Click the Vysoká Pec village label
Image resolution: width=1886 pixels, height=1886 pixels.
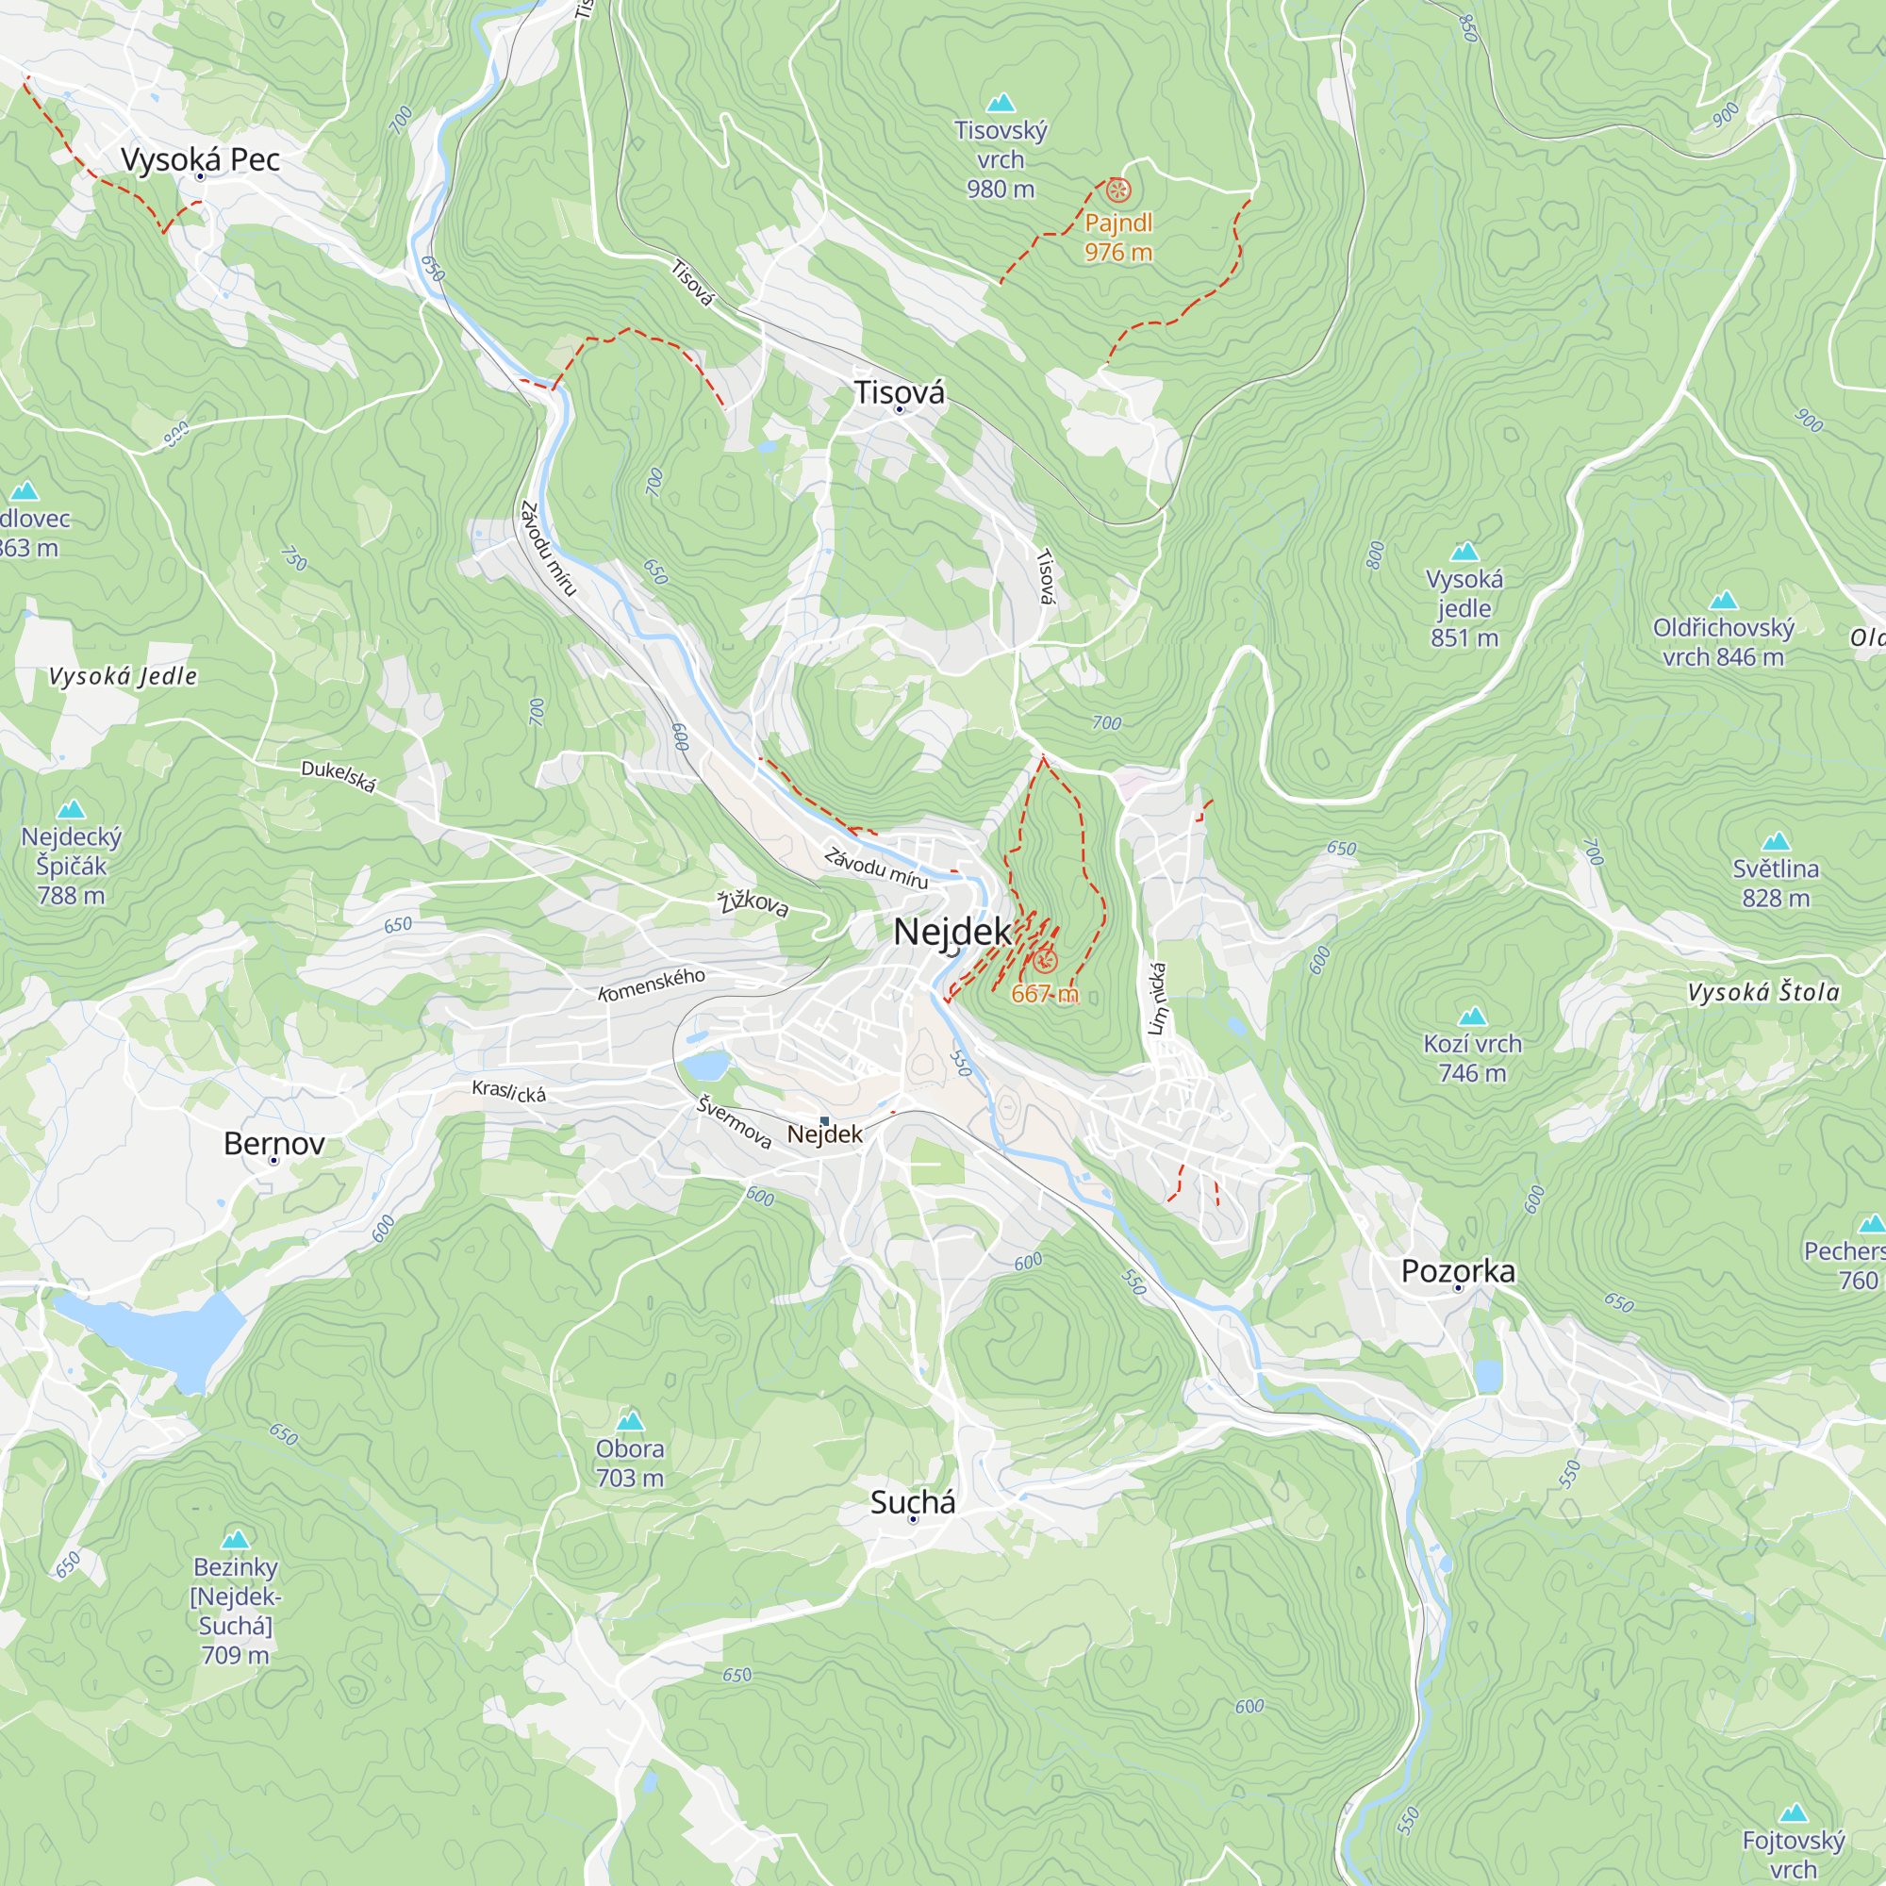[200, 159]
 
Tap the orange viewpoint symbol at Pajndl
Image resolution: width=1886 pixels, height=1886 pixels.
[1118, 190]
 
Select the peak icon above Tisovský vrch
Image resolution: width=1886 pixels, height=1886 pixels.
[1001, 103]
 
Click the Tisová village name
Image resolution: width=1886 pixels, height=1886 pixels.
[899, 392]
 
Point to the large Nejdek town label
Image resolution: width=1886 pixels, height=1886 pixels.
[952, 932]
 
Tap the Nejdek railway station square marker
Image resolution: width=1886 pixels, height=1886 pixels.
[825, 1120]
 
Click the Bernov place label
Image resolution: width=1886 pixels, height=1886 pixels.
[274, 1143]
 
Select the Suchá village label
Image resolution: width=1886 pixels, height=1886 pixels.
[913, 1502]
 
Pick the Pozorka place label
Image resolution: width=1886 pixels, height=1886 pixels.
[1459, 1271]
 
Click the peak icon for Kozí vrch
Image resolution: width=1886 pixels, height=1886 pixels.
[1472, 1017]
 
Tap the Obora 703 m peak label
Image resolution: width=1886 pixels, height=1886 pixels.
[630, 1463]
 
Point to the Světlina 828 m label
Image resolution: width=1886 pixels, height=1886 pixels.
[1776, 883]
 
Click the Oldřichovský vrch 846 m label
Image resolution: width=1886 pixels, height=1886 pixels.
[1723, 641]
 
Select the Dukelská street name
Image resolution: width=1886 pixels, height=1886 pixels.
[338, 776]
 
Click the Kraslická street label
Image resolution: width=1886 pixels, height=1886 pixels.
[508, 1091]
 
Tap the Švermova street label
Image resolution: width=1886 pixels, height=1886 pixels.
[734, 1121]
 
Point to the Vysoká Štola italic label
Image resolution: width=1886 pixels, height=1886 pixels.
[1763, 993]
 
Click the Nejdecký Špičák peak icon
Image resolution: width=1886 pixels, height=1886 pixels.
[72, 808]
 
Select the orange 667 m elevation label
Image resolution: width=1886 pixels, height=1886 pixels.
[1045, 994]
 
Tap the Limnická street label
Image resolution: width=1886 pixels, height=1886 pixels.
[1158, 999]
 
